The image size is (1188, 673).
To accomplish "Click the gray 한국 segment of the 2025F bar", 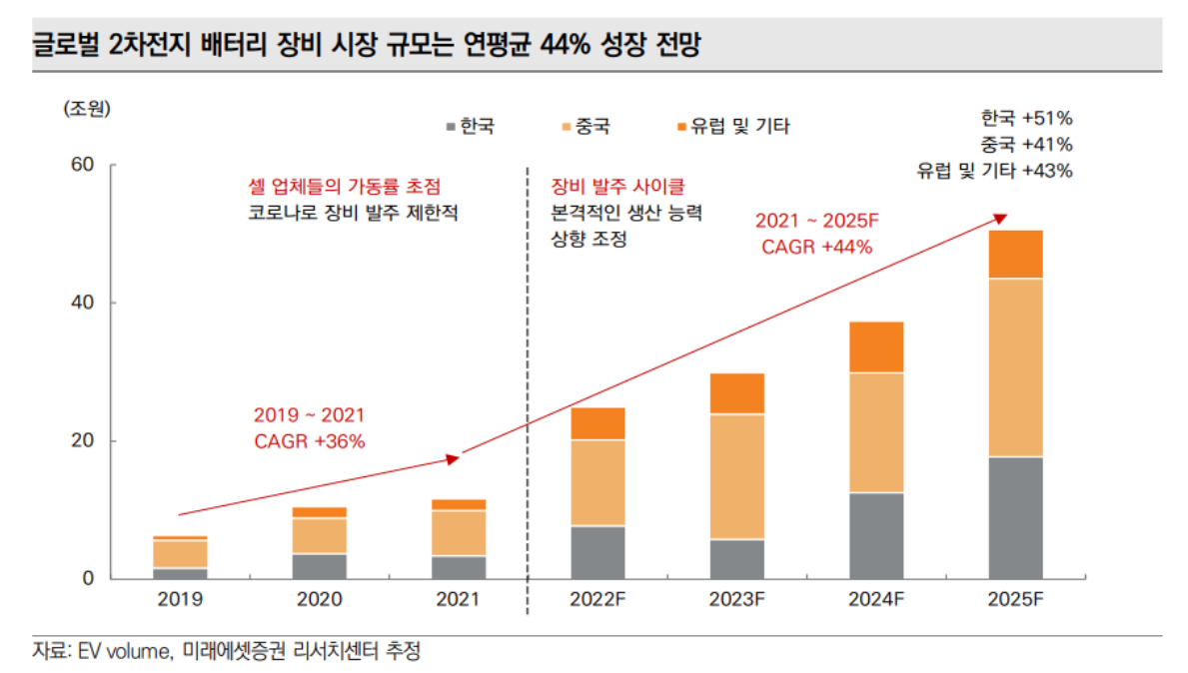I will pyautogui.click(x=1015, y=517).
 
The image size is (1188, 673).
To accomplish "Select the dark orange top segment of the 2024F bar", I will pyautogui.click(x=876, y=346).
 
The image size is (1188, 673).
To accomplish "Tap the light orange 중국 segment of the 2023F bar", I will pyautogui.click(x=736, y=476).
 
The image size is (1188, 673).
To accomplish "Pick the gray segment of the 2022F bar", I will pyautogui.click(x=597, y=552).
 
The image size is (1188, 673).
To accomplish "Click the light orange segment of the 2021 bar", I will pyautogui.click(x=459, y=533).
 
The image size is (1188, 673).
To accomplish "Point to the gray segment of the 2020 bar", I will pyautogui.click(x=320, y=565).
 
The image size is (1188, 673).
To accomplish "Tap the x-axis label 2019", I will pyautogui.click(x=181, y=600).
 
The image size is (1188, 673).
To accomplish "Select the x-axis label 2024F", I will pyautogui.click(x=876, y=600).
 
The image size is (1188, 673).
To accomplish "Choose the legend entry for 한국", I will pyautogui.click(x=470, y=127).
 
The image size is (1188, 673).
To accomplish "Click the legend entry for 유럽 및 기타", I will pyautogui.click(x=733, y=127).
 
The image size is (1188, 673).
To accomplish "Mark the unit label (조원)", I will pyautogui.click(x=87, y=108).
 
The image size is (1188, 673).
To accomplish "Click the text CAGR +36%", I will pyautogui.click(x=309, y=439).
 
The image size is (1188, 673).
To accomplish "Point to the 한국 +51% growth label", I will pyautogui.click(x=1026, y=117).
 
